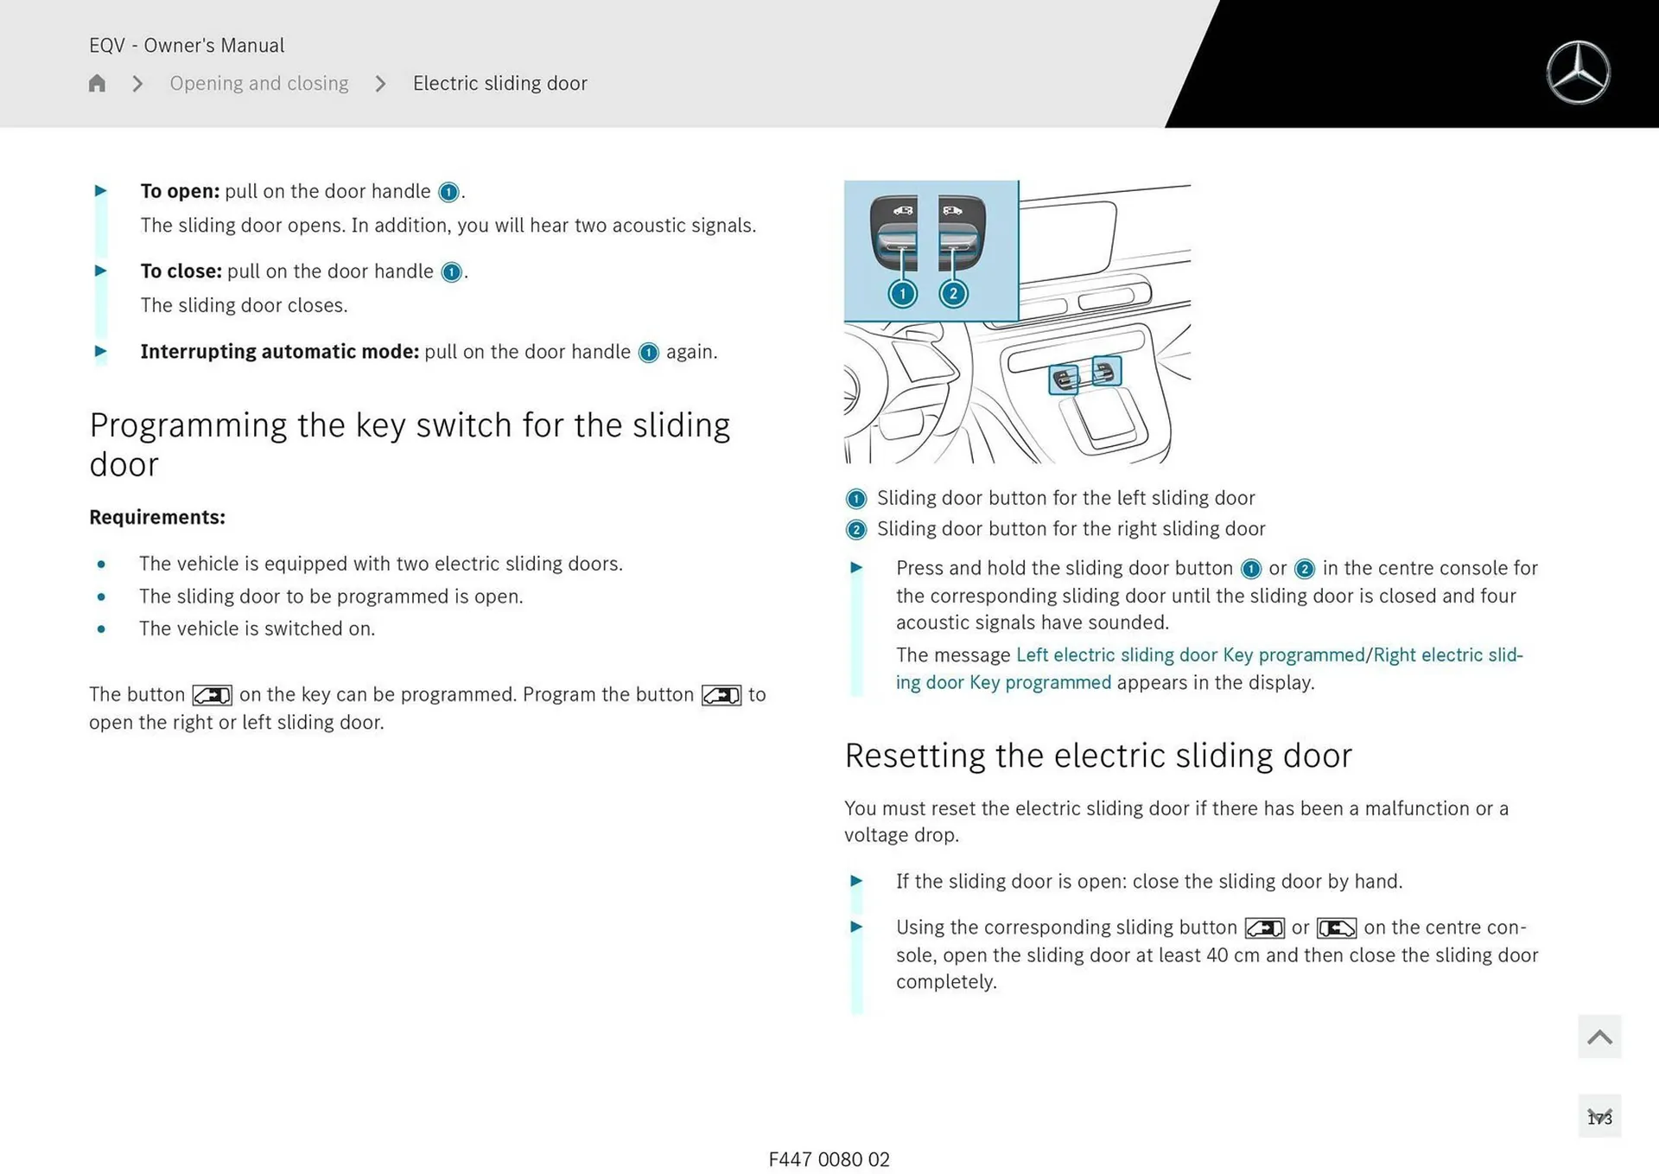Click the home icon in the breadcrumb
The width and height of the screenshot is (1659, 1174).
pos(97,83)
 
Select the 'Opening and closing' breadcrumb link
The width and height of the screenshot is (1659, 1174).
pos(258,83)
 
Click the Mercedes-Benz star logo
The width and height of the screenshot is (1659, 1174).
pos(1578,73)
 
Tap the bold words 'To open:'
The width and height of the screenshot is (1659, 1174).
pos(180,191)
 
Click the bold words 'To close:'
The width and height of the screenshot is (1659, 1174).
pos(181,271)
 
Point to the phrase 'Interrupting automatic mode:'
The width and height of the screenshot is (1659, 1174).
pos(279,352)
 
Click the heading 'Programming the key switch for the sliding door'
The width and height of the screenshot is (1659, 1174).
pos(410,444)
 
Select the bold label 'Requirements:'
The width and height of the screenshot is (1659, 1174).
pos(156,517)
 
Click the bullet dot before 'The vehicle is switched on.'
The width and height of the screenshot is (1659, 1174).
pos(102,629)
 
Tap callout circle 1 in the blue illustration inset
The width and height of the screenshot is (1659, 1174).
pos(902,294)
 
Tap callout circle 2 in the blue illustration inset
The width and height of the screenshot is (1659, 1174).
pos(953,294)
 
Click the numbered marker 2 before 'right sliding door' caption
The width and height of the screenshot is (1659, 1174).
pos(855,529)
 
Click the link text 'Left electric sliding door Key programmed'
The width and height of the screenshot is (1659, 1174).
pos(1189,655)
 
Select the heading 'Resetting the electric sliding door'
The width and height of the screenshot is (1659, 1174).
pos(1097,756)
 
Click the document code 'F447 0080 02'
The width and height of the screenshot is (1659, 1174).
pos(829,1159)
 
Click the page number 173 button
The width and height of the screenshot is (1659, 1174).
pos(1599,1117)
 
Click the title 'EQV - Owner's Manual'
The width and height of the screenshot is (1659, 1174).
pos(187,45)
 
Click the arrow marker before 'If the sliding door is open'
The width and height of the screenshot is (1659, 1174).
pos(856,881)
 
